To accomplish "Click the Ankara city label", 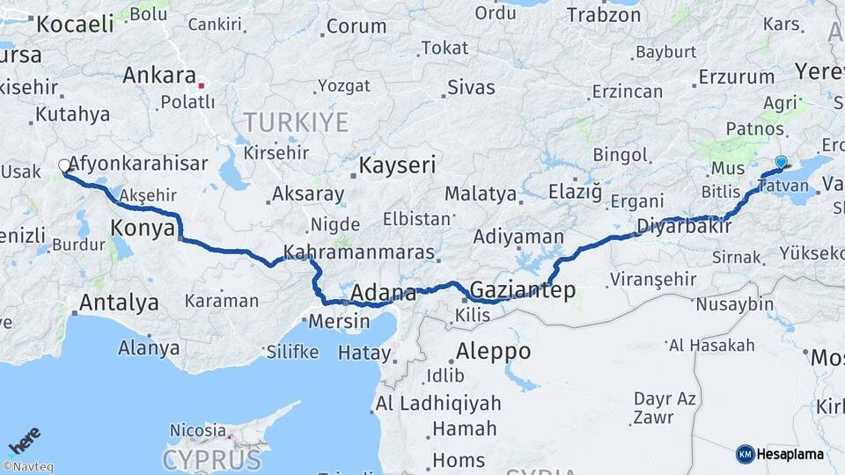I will (x=159, y=75).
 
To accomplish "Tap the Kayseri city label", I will (x=398, y=164).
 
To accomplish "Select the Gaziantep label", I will (x=523, y=289).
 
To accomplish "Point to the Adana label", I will (x=384, y=292).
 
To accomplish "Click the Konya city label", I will (x=143, y=229).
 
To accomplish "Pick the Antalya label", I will (x=119, y=303).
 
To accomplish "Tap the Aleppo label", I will (x=493, y=351).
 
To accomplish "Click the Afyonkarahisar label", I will (x=138, y=164).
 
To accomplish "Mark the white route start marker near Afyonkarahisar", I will (x=64, y=165).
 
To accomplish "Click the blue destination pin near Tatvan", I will (x=781, y=162).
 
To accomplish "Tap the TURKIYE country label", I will (x=296, y=121).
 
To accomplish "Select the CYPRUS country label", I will (x=211, y=459).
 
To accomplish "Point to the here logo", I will (x=24, y=440).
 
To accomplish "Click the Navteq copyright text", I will (x=27, y=467).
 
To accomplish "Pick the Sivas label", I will (x=471, y=87).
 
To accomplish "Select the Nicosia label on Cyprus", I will (x=198, y=430).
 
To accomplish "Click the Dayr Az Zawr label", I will (x=665, y=408).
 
